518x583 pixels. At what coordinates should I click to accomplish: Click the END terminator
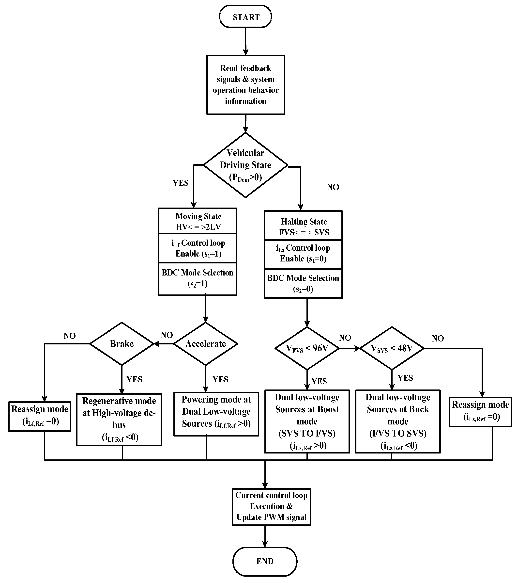click(x=265, y=561)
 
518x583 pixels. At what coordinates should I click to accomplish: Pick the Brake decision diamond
click(x=122, y=344)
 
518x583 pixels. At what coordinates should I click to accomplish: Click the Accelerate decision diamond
click(x=205, y=344)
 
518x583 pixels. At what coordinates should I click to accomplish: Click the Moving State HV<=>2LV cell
click(x=198, y=221)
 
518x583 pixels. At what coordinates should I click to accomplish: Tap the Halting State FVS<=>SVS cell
click(x=303, y=227)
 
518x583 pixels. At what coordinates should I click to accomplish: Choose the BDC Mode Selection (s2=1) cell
click(x=198, y=278)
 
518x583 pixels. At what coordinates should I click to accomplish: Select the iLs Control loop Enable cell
click(x=303, y=253)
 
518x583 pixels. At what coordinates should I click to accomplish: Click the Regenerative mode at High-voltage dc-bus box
click(x=119, y=419)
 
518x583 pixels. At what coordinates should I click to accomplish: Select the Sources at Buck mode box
click(x=398, y=421)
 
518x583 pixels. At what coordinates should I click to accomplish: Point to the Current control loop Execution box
click(x=271, y=506)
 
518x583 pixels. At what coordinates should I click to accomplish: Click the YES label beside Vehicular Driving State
click(x=180, y=183)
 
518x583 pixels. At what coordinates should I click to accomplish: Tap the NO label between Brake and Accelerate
click(x=167, y=335)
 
